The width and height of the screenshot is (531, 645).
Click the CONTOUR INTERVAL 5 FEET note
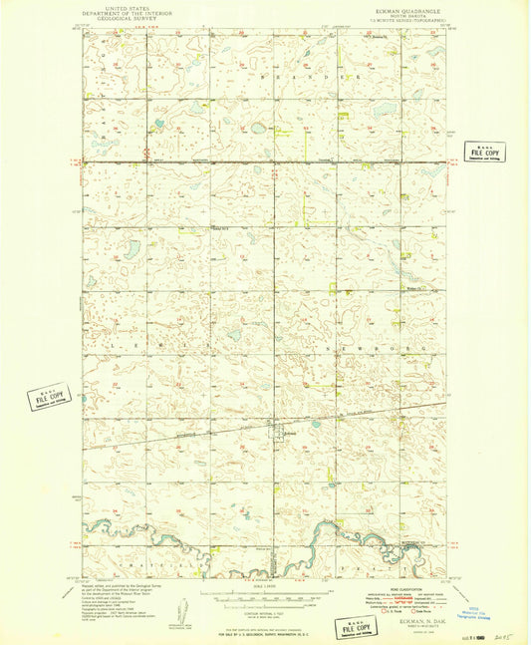pyautogui.click(x=265, y=613)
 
